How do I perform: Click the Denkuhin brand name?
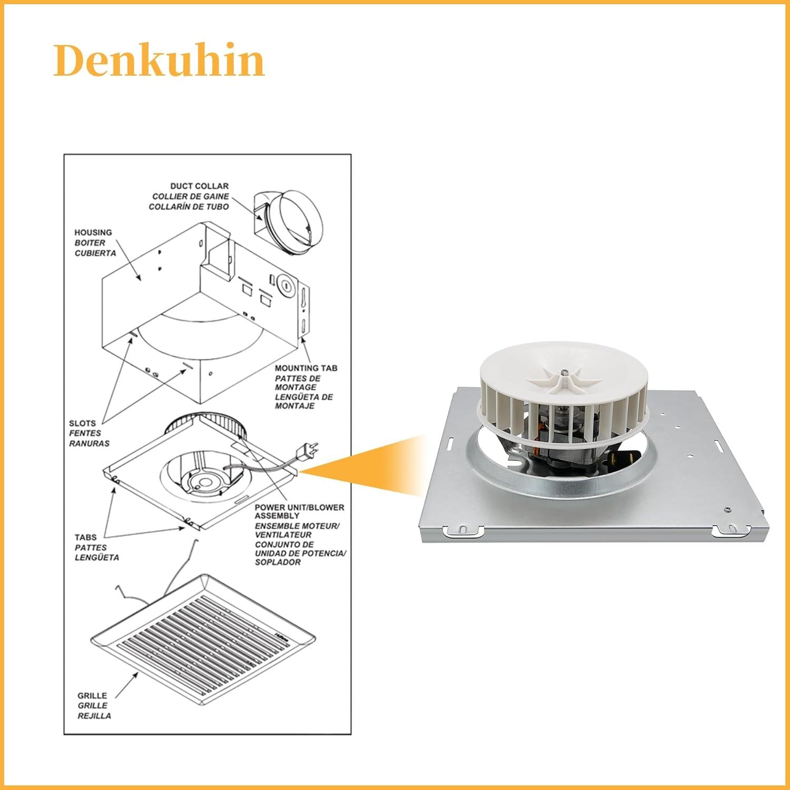point(159,61)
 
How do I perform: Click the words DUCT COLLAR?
point(199,186)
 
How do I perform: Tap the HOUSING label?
point(93,232)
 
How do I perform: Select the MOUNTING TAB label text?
point(306,368)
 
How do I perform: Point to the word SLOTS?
point(82,423)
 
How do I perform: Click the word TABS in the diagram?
point(86,537)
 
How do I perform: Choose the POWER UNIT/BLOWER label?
point(299,507)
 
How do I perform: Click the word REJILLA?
point(94,716)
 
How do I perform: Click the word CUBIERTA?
point(95,253)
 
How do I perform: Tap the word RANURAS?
point(89,443)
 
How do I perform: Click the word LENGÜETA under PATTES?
point(97,557)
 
